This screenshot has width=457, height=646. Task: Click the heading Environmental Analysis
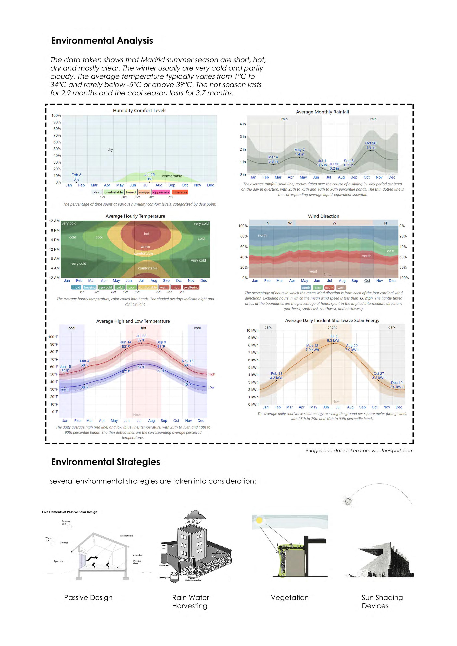point(102,40)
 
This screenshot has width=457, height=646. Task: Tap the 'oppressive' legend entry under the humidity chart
point(161,192)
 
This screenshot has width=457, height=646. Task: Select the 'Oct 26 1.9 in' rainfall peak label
point(371,145)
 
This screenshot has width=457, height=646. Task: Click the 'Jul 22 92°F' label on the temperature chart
point(141,338)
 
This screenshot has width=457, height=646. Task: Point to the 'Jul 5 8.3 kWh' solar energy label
point(333,338)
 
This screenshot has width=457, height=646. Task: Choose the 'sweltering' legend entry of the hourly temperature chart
point(191,287)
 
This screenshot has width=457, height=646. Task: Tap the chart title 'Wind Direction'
point(323,216)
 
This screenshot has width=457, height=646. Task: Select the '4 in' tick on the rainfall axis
point(243,124)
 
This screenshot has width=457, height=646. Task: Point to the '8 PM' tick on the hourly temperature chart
point(55,230)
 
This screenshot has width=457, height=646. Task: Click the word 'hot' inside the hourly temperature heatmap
point(147,234)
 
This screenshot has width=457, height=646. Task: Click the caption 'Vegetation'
point(290,597)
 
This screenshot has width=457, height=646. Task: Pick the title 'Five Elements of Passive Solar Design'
point(70,512)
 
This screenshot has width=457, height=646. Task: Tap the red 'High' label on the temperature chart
point(211,374)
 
